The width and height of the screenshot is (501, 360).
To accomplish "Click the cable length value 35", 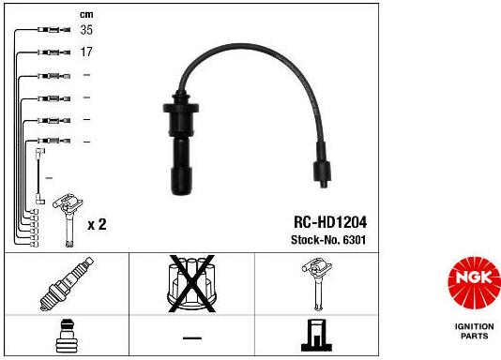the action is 86,30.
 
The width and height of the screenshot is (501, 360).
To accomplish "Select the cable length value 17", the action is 86,52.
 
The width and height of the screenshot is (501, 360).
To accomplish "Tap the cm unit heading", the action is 86,14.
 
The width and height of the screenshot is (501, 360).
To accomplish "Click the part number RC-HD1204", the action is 330,222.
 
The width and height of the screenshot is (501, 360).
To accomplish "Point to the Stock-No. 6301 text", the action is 328,240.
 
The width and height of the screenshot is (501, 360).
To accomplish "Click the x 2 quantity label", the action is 97,224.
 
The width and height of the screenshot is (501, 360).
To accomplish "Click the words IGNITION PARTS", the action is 475,331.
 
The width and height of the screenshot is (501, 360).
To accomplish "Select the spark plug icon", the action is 67,284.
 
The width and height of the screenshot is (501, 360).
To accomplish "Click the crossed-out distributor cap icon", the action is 191,283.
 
